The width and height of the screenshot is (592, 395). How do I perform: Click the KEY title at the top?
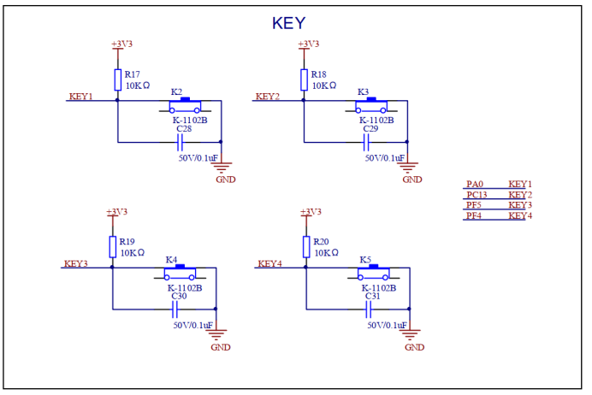click(288, 23)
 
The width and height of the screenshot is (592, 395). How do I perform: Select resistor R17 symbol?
click(117, 80)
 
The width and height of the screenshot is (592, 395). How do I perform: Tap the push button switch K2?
click(185, 106)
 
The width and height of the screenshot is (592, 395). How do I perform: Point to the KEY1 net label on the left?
click(80, 96)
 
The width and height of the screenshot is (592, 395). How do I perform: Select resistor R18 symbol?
click(304, 80)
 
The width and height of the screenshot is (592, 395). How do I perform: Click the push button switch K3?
click(371, 106)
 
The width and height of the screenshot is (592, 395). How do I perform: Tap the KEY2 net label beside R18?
click(268, 96)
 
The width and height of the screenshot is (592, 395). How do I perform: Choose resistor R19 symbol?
click(112, 247)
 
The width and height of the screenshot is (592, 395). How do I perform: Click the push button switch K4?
click(180, 274)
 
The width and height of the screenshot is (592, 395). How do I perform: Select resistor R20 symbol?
click(306, 247)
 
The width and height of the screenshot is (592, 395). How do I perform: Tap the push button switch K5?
click(374, 274)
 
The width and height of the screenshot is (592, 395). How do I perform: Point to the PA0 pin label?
click(475, 184)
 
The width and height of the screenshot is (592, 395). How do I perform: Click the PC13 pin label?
click(477, 195)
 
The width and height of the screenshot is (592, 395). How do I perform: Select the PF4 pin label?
click(474, 215)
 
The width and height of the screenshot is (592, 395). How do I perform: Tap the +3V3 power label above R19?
click(116, 211)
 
